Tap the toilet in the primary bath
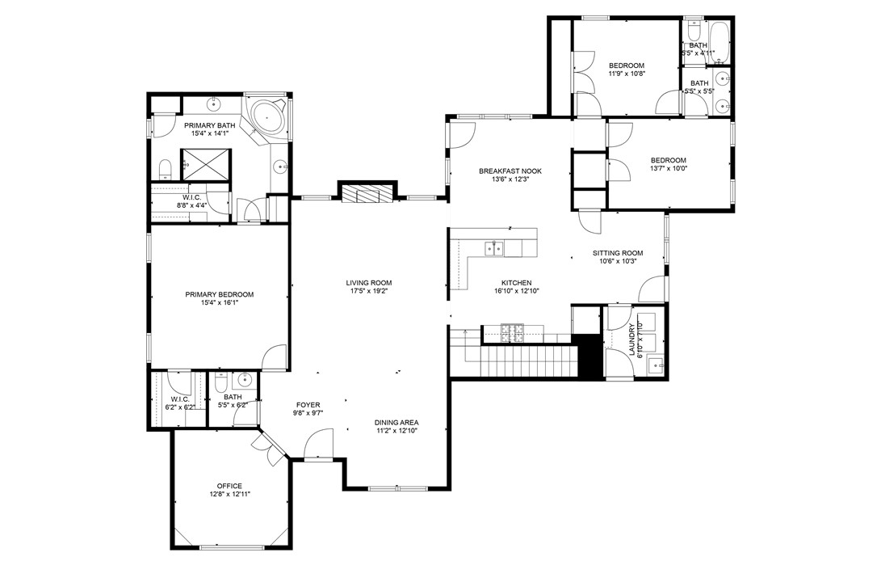point(166,168)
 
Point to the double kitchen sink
point(493,247)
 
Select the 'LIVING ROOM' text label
point(368,283)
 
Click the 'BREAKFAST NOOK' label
point(510,171)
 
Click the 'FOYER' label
point(308,405)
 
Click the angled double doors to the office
point(266,447)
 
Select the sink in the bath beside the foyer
point(244,379)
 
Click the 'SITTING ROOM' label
point(618,252)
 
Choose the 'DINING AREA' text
point(396,423)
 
